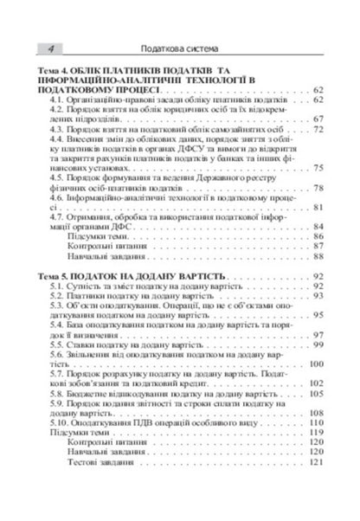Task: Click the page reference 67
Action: (318, 119)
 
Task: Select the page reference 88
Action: (318, 256)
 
